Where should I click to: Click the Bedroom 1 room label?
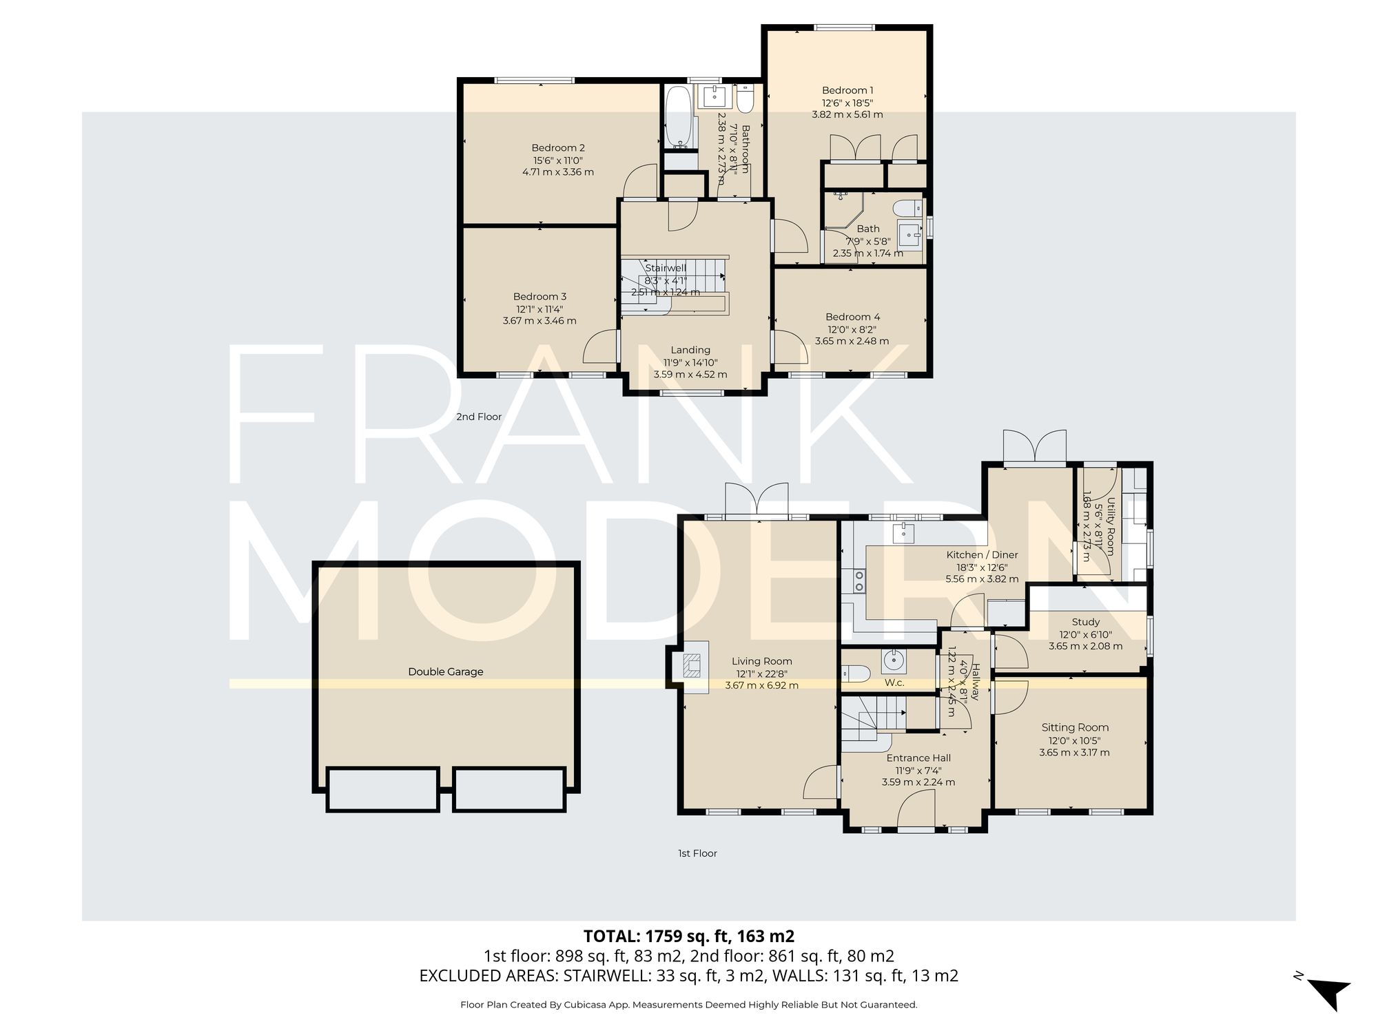847,90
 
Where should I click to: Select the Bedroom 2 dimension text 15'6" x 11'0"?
557,160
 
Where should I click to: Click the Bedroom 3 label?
539,297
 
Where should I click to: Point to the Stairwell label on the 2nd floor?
666,268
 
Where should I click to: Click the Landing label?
690,350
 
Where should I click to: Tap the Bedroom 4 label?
852,317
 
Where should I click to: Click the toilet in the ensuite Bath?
907,207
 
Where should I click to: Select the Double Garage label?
446,671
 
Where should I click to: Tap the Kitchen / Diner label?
982,554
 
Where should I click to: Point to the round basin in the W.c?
894,662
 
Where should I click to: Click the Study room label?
1085,622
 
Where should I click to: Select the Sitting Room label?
1075,727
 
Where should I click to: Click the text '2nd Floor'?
479,417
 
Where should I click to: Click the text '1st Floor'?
697,853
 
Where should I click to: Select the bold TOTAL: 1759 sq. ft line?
689,936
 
